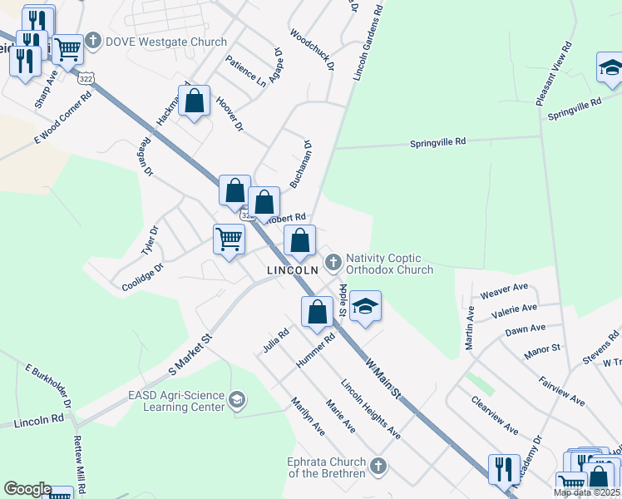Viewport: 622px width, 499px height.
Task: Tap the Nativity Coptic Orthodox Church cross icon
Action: tap(333, 263)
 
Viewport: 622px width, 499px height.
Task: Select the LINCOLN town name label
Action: tap(292, 271)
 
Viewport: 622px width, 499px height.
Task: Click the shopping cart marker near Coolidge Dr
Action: tap(229, 240)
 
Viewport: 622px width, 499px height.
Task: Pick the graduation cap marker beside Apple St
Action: tap(364, 306)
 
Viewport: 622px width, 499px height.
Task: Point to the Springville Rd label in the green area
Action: tap(438, 143)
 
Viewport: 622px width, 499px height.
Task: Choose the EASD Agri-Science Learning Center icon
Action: tap(237, 401)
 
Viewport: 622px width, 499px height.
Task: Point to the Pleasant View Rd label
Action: tap(555, 73)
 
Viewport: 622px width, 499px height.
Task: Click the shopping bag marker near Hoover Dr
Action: tap(194, 102)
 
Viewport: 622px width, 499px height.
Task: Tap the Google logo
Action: tap(27, 489)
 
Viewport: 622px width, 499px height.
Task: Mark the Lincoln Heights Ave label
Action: tap(371, 411)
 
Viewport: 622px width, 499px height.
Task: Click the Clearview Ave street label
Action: tap(495, 419)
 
